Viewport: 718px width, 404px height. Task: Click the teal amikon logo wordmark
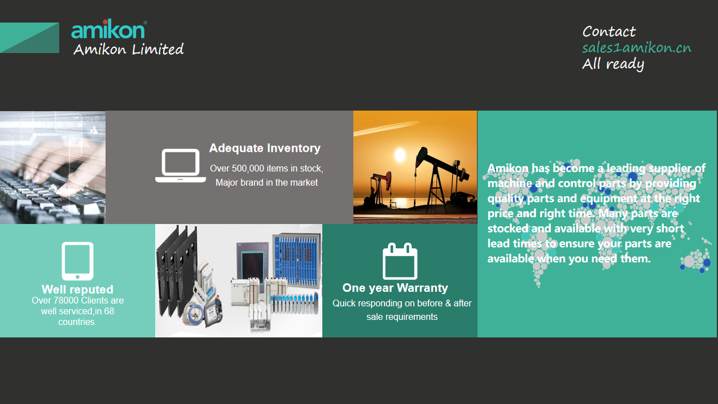pos(108,29)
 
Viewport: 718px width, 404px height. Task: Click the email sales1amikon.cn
pos(637,48)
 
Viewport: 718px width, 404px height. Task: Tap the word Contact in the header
pos(608,32)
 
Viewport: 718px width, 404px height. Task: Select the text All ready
pos(613,64)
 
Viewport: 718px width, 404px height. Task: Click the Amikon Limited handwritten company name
pos(129,49)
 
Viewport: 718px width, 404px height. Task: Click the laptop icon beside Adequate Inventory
pos(181,166)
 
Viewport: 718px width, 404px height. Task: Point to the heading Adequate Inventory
pos(265,148)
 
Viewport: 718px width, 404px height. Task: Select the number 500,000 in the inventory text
pos(248,169)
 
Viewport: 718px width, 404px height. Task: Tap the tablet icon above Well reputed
pos(77,261)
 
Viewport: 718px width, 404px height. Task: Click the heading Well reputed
pos(77,289)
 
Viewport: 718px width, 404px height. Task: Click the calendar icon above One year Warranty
pos(400,261)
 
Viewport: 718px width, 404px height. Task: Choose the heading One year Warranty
pos(395,288)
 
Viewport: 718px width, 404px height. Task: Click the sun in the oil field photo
pos(400,155)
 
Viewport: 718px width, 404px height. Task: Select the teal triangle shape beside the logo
pos(29,38)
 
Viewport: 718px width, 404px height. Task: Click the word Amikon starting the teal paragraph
pos(507,168)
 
